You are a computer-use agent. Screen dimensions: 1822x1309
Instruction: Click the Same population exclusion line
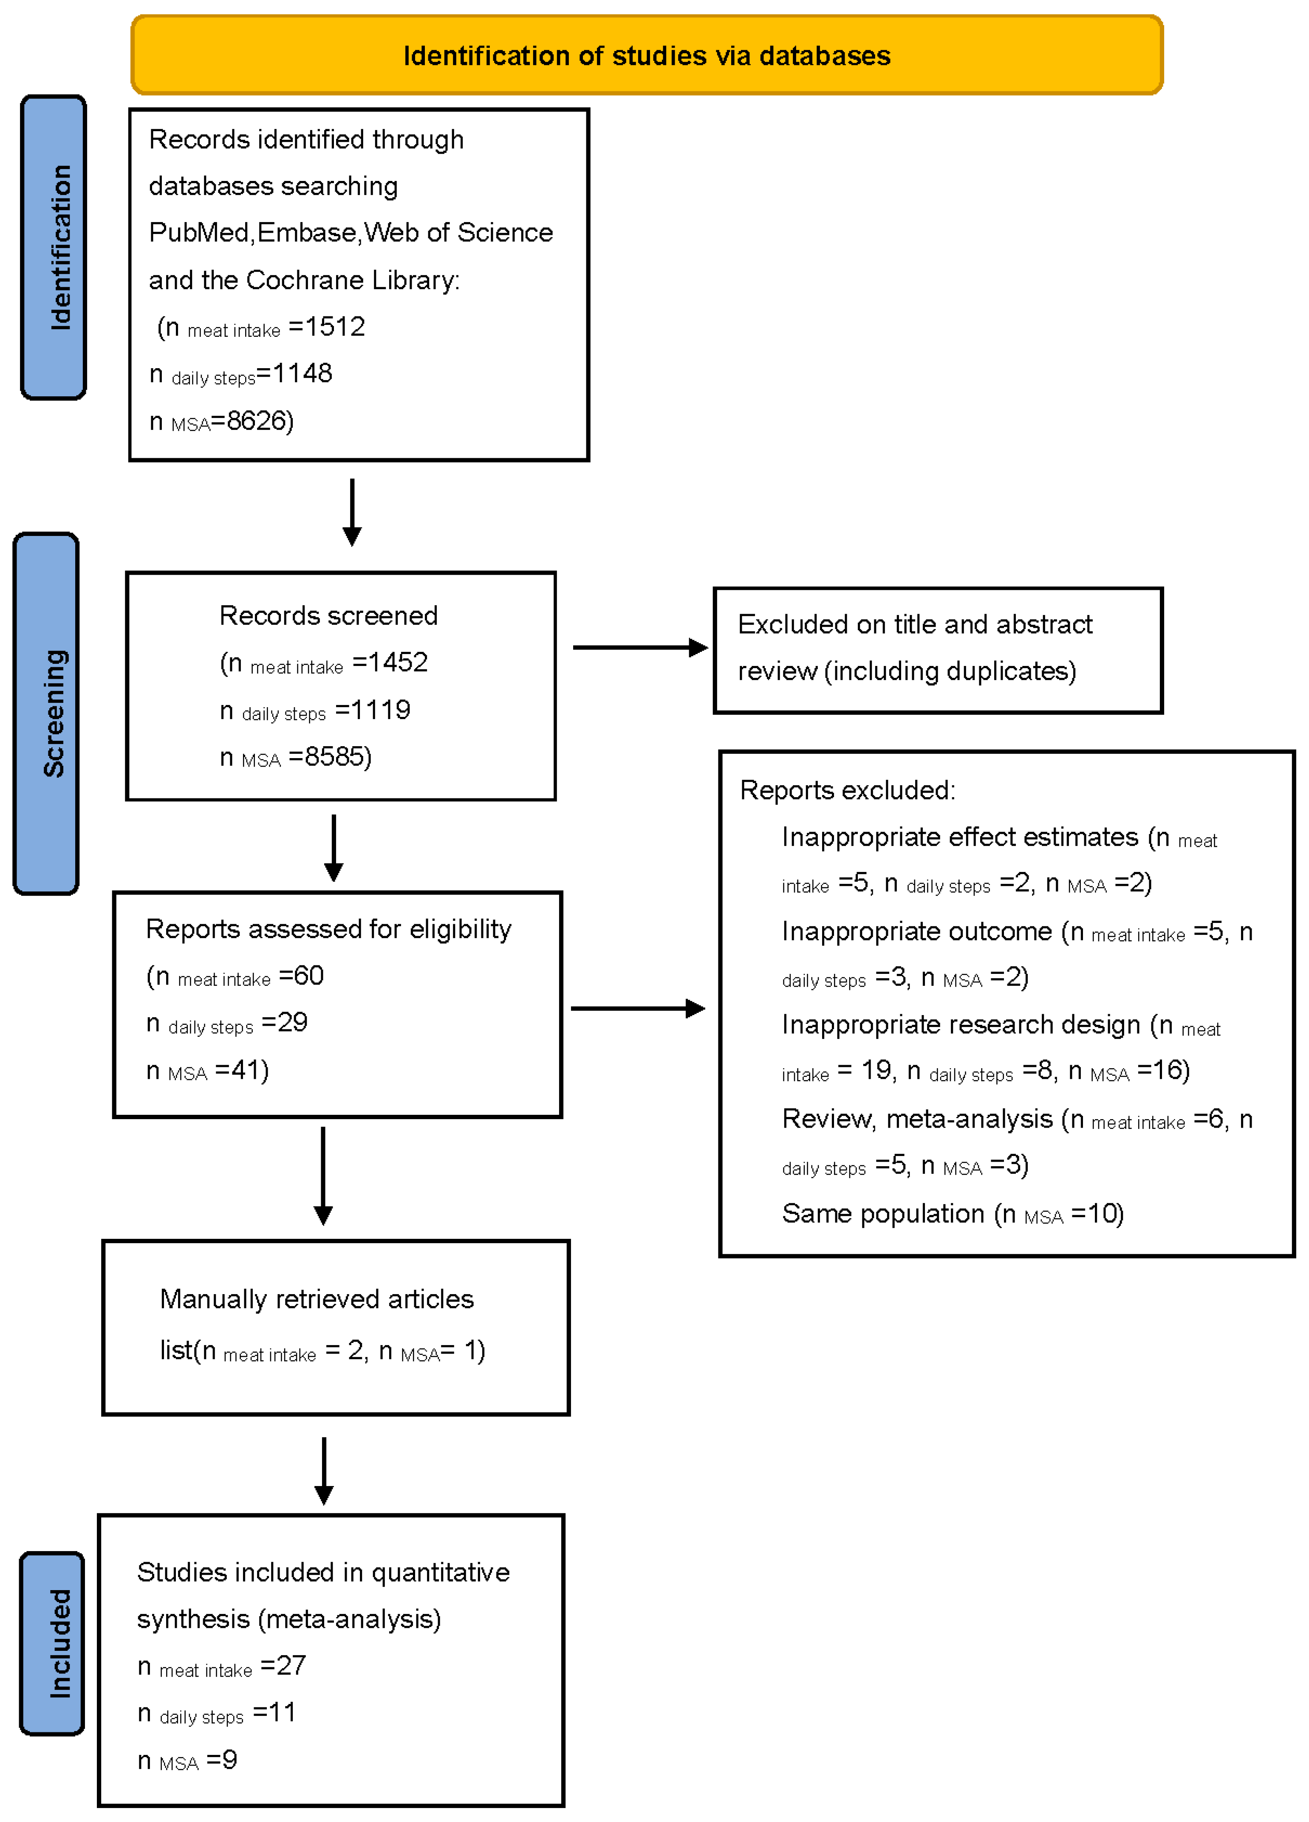click(952, 1213)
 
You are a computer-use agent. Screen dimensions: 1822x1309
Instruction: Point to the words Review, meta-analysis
click(917, 1118)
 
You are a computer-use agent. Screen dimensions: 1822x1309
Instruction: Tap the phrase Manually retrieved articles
click(317, 1299)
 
